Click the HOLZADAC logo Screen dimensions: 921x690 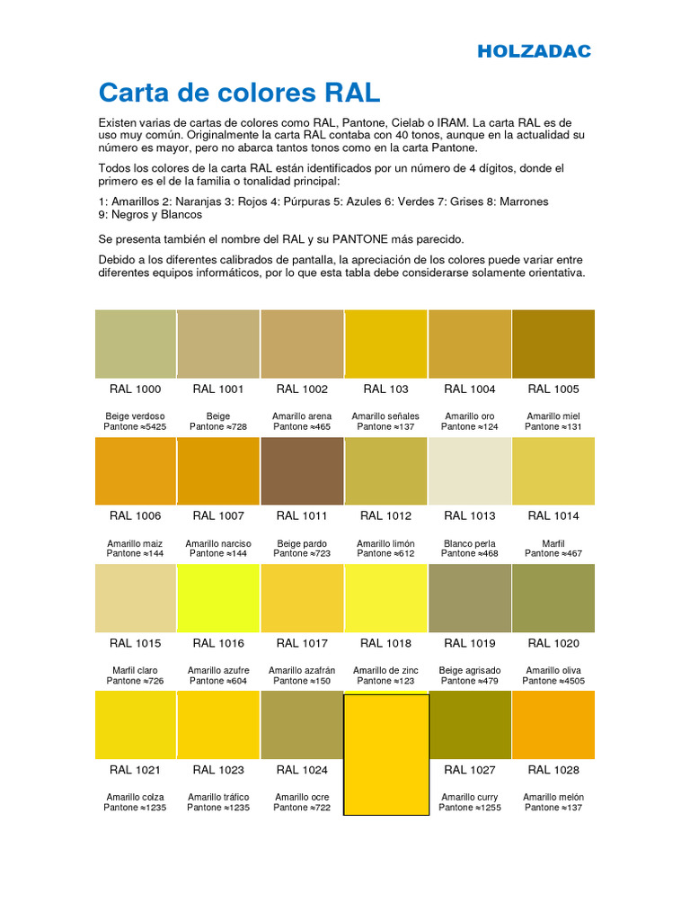pyautogui.click(x=534, y=51)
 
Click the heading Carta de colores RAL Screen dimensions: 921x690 pyautogui.click(x=239, y=93)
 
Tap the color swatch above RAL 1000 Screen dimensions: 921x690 pyautogui.click(x=135, y=344)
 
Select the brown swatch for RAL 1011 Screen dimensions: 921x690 pyautogui.click(x=302, y=471)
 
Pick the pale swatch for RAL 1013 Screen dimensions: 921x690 pyautogui.click(x=469, y=471)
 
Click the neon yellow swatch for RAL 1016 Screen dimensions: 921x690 pyautogui.click(x=218, y=598)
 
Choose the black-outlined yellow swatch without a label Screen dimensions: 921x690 pyautogui.click(x=386, y=755)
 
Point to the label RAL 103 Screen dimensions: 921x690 pyautogui.click(x=385, y=389)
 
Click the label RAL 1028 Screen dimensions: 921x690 pyautogui.click(x=553, y=770)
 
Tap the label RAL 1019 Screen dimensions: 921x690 pyautogui.click(x=469, y=643)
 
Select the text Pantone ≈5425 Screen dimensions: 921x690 pyautogui.click(x=135, y=426)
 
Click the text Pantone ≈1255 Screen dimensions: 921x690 pyautogui.click(x=469, y=808)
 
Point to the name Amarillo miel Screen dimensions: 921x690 pyautogui.click(x=553, y=416)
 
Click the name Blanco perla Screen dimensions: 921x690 pyautogui.click(x=469, y=543)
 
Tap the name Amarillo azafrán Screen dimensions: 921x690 pyautogui.click(x=302, y=670)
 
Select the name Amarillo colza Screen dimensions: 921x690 pyautogui.click(x=135, y=797)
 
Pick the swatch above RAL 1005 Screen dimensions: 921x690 pyautogui.click(x=553, y=344)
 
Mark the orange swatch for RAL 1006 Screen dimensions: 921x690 pyautogui.click(x=135, y=471)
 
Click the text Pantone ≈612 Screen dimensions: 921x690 pyautogui.click(x=385, y=554)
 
